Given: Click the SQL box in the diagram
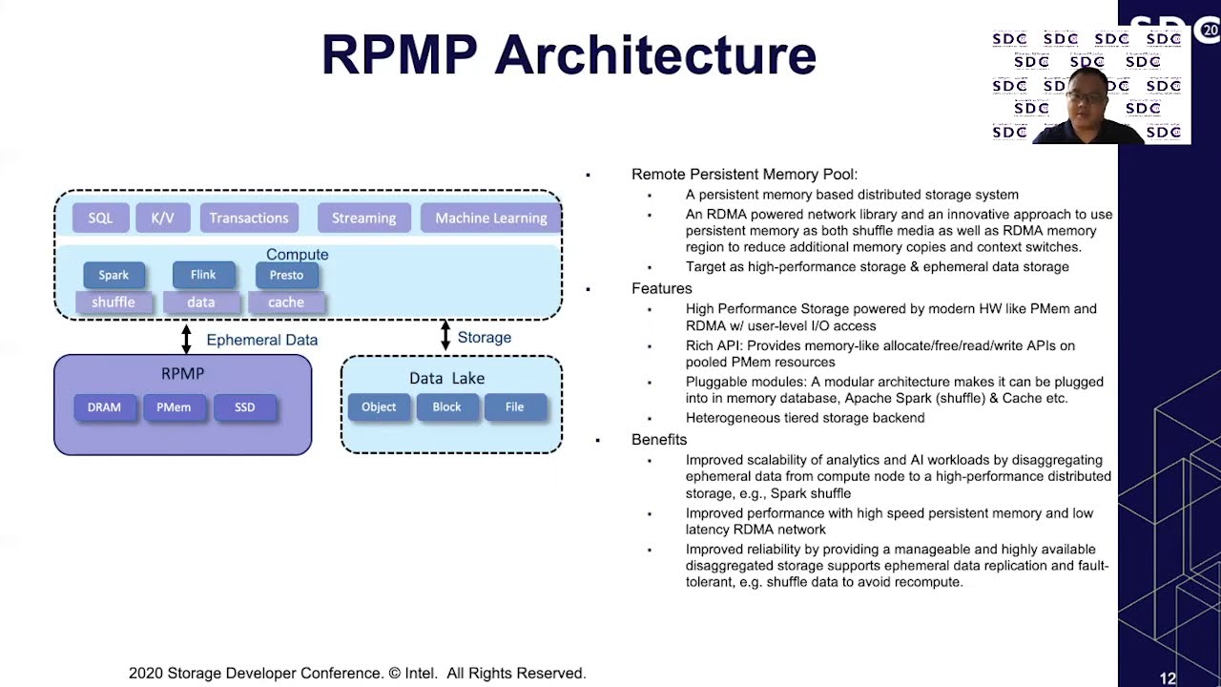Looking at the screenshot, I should [100, 218].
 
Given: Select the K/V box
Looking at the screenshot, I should [162, 218].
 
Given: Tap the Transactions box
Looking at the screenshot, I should [249, 218].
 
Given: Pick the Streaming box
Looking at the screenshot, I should [363, 218].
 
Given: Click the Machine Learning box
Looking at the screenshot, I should [490, 218].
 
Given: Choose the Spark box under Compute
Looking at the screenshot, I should [114, 275].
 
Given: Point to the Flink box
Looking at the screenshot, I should [203, 275].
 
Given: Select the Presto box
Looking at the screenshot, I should [286, 275].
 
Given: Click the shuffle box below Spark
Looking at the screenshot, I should [114, 302].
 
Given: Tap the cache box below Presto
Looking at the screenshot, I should [286, 302].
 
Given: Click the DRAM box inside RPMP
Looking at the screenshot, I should [105, 407].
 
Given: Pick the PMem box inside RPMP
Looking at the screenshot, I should [174, 407].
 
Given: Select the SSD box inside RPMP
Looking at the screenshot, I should [245, 407].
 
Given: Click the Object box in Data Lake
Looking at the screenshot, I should [379, 407].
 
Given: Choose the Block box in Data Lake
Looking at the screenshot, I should [446, 407].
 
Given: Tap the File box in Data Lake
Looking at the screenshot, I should [515, 407].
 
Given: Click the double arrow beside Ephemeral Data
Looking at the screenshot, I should [186, 339].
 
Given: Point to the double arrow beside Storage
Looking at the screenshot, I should [445, 336].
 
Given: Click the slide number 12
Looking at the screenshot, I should [1168, 678].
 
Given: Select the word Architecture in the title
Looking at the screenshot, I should [655, 55].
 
